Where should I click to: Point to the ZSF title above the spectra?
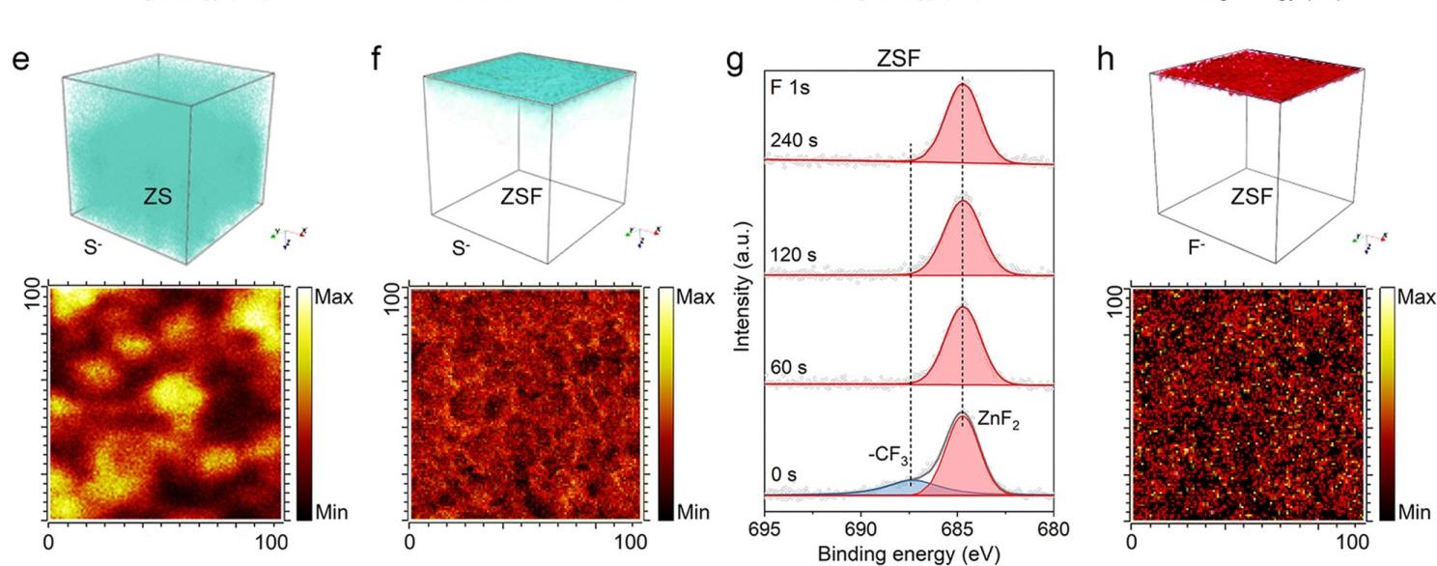[x=899, y=57]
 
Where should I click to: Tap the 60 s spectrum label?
[x=787, y=366]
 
